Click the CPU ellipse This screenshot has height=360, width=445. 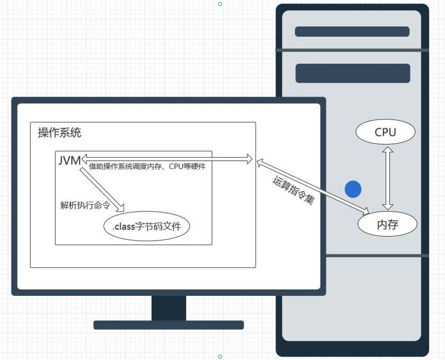(x=385, y=132)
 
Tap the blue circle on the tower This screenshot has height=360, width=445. (x=353, y=189)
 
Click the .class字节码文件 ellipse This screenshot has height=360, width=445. (x=146, y=227)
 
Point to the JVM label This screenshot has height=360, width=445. (x=69, y=160)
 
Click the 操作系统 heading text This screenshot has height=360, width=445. (x=60, y=133)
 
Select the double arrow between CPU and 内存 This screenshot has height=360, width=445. (x=387, y=178)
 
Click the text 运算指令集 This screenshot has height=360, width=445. (x=293, y=190)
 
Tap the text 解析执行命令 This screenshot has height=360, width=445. (x=85, y=205)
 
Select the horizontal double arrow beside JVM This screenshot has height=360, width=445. (x=167, y=159)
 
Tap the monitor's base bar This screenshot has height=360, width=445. (x=169, y=325)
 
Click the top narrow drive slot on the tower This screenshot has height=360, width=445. (x=352, y=31)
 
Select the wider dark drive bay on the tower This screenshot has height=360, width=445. (x=353, y=73)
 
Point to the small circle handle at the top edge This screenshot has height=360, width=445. (x=220, y=4)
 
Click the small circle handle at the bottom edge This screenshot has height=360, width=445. (x=220, y=356)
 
